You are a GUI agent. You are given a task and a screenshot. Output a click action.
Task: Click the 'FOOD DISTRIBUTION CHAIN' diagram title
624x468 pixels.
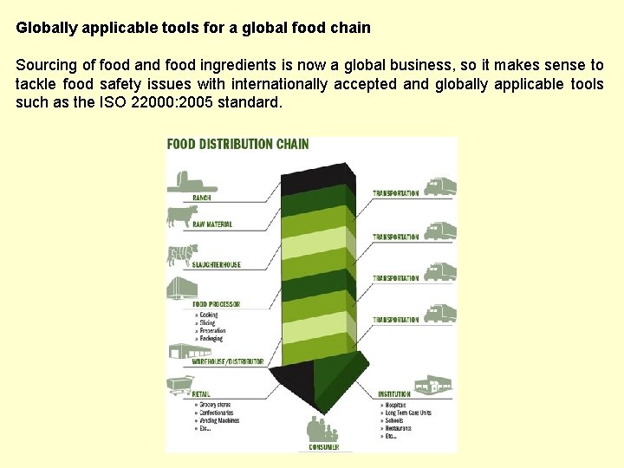pyautogui.click(x=237, y=144)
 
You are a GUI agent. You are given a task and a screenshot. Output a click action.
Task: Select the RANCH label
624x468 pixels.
pyautogui.click(x=201, y=198)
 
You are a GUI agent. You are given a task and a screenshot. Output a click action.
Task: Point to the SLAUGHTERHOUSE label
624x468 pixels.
pyautogui.click(x=217, y=264)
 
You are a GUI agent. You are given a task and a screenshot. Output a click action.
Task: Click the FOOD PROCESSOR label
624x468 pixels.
pyautogui.click(x=216, y=304)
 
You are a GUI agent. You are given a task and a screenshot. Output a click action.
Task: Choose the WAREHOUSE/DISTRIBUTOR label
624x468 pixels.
pyautogui.click(x=228, y=361)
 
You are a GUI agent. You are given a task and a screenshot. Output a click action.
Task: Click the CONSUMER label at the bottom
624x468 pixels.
pyautogui.click(x=324, y=447)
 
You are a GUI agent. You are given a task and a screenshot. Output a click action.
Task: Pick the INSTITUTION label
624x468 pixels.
pyautogui.click(x=394, y=394)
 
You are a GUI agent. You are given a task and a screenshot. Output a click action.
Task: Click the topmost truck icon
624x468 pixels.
pyautogui.click(x=440, y=187)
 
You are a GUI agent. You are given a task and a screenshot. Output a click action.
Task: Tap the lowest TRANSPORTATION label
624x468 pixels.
pyautogui.click(x=395, y=320)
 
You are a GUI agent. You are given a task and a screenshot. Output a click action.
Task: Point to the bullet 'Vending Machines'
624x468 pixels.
pyautogui.click(x=219, y=420)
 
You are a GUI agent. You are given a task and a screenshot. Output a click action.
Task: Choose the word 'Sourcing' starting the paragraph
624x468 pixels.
pyautogui.click(x=43, y=65)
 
